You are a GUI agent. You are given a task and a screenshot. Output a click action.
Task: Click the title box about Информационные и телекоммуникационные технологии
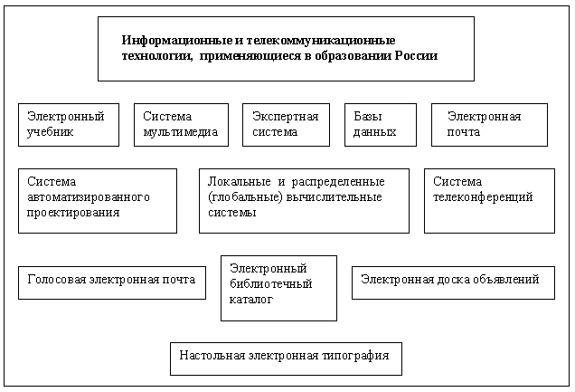coord(285,48)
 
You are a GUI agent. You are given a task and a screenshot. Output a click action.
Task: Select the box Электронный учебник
coord(69,124)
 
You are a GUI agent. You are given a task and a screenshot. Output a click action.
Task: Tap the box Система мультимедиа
coord(181,124)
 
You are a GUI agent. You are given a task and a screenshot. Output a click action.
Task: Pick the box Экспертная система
coord(283,124)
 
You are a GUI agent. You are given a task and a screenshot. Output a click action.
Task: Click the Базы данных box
coord(380,124)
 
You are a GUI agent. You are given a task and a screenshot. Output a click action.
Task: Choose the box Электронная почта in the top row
coord(489,124)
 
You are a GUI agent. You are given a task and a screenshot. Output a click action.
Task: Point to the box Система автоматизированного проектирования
coord(98,200)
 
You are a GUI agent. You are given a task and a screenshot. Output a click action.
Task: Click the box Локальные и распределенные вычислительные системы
coord(304,200)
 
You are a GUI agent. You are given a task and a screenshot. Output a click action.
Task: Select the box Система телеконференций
coord(488,200)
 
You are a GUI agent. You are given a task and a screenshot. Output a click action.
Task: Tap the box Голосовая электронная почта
coord(111,281)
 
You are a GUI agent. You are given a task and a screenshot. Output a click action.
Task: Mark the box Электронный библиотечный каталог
coord(278,287)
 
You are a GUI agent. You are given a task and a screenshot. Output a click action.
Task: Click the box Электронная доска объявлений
coord(452,281)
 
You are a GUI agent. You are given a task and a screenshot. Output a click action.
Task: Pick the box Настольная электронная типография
coord(286,357)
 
